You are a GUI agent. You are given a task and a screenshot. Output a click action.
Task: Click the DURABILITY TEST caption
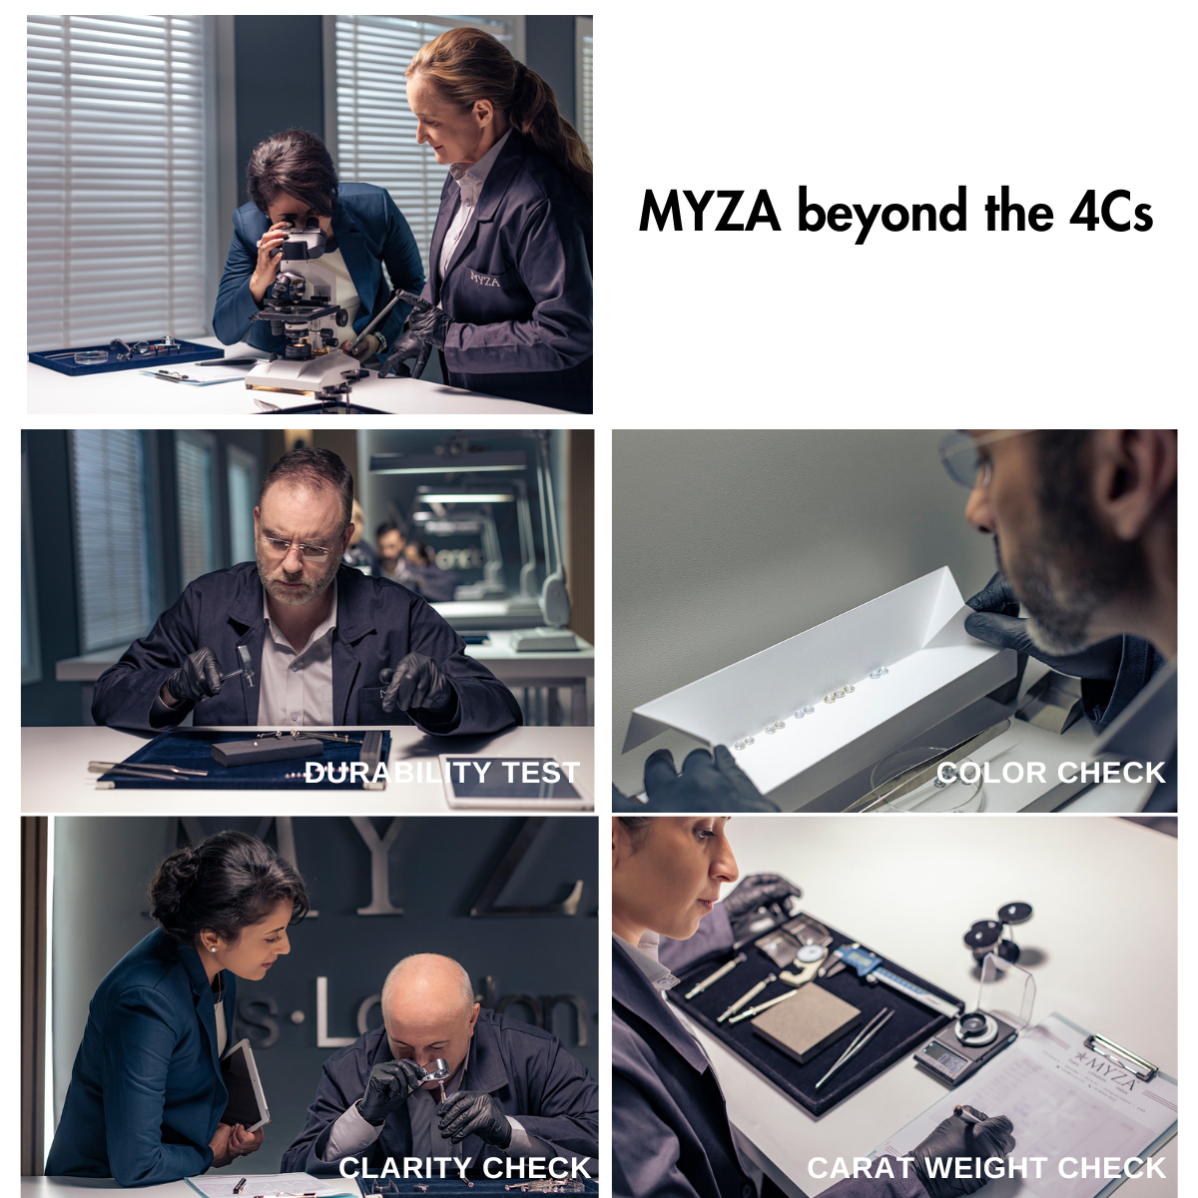441,772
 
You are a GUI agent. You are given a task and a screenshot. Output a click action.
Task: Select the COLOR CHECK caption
1050,772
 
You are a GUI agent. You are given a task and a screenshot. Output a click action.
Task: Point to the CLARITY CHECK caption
464,1167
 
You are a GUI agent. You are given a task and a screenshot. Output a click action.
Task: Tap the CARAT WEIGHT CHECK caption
986,1167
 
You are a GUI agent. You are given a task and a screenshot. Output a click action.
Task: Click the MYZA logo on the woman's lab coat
485,279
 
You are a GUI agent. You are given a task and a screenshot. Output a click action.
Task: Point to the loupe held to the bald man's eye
436,1073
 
